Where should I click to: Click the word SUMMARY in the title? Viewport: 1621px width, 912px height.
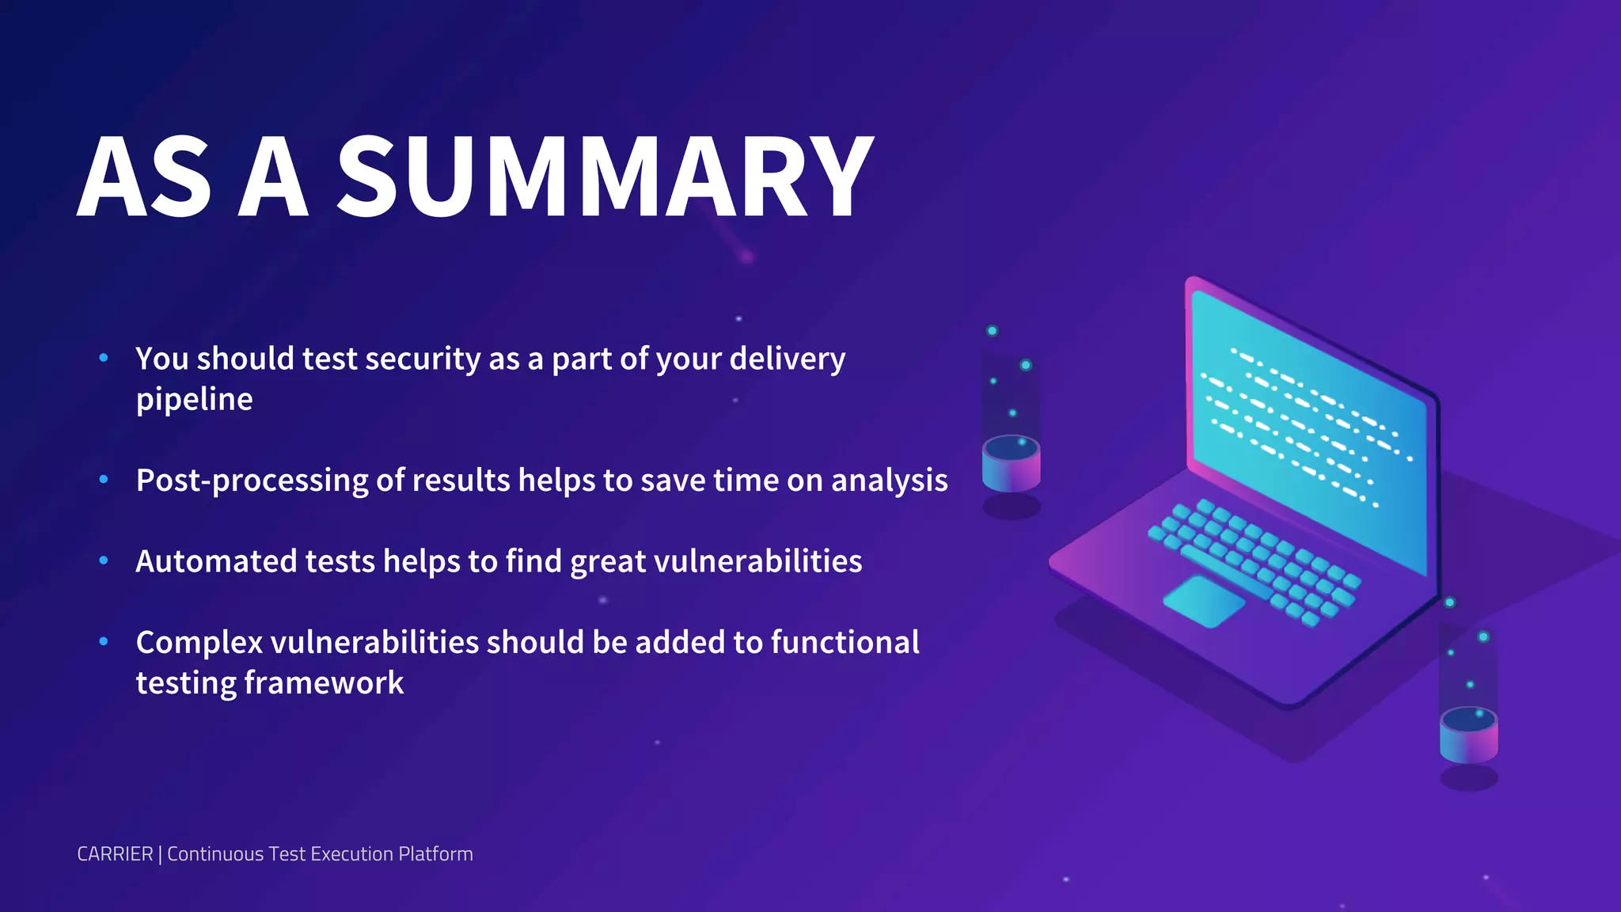[x=606, y=177]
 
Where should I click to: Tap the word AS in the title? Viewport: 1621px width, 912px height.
[x=145, y=177]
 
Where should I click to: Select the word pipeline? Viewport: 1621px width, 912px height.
[x=194, y=400]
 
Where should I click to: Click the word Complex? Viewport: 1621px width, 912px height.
[x=199, y=643]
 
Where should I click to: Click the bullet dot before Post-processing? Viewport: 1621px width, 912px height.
[x=104, y=479]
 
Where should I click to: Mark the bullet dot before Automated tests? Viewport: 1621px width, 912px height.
[x=104, y=560]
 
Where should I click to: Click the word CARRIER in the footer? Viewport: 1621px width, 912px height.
[x=115, y=854]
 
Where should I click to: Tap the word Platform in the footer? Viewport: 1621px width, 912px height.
[x=435, y=854]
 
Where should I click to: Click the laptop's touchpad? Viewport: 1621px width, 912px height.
[x=1203, y=602]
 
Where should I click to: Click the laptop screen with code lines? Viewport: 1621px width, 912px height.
[x=1306, y=427]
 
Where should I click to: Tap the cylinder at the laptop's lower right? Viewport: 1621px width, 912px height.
[x=1468, y=735]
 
